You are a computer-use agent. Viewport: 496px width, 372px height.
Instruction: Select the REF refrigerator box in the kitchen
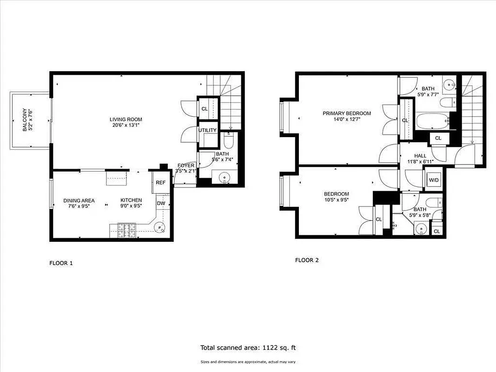(160, 183)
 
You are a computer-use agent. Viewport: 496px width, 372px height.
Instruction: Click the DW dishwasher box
(160, 203)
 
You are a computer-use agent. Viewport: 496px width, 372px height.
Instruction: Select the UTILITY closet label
(207, 130)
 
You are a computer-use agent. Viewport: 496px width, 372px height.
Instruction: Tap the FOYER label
(185, 166)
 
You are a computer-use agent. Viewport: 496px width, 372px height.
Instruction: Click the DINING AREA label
(79, 200)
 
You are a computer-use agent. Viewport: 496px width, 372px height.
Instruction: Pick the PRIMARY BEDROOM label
(347, 113)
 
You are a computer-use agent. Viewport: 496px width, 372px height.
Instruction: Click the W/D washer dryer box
(433, 180)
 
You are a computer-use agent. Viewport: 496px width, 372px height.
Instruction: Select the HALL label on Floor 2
(421, 156)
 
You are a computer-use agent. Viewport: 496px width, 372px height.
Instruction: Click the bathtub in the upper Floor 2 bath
(432, 122)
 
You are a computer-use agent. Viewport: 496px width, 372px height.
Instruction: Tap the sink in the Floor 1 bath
(225, 177)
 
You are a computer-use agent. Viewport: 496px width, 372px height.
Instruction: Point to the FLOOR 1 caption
(61, 263)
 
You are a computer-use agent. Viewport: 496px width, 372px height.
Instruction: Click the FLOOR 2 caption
(307, 260)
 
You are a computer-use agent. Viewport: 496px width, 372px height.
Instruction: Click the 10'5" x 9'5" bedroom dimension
(336, 200)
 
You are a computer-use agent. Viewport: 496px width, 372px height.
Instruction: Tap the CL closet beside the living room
(205, 109)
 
